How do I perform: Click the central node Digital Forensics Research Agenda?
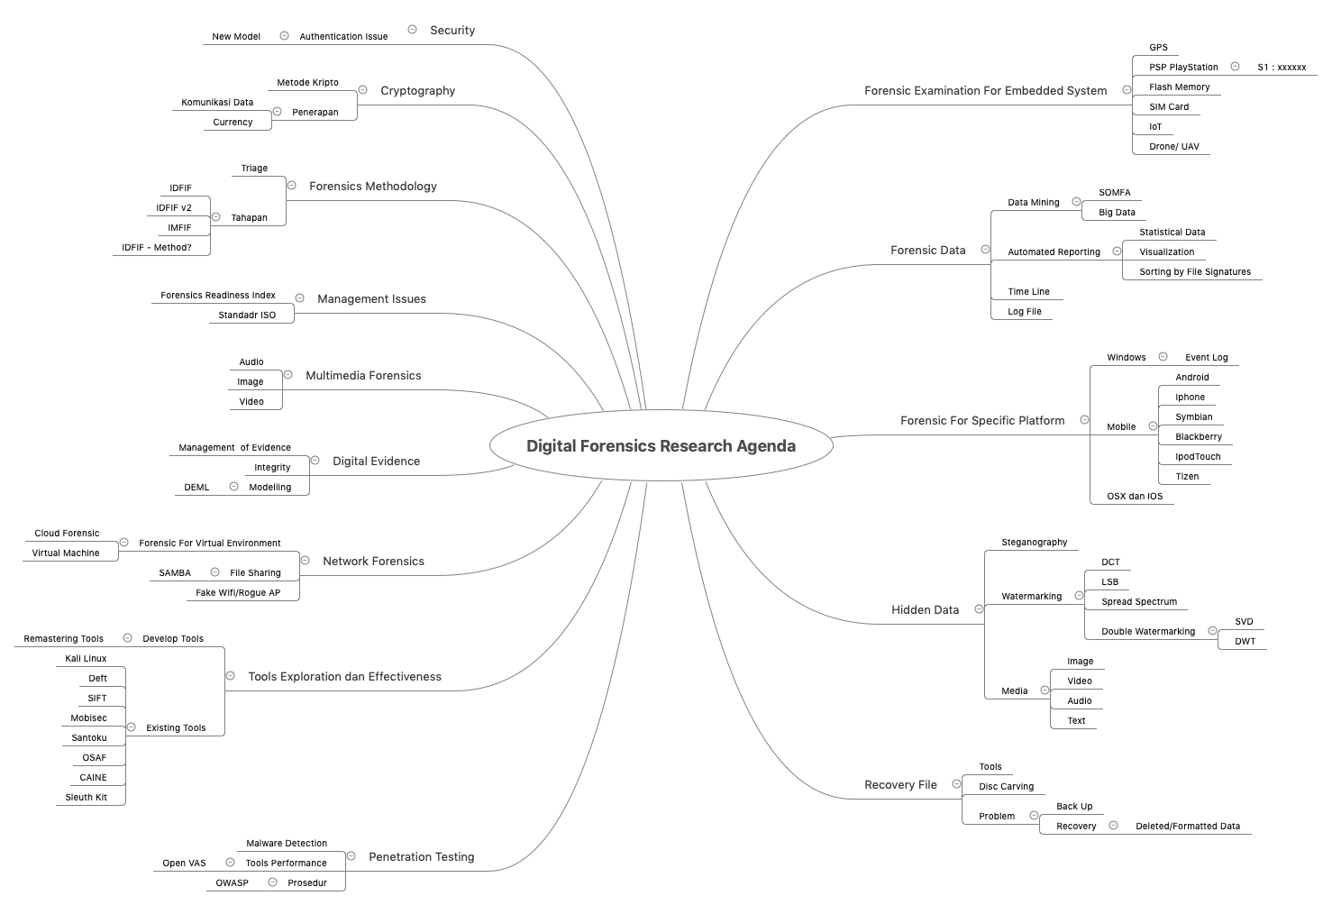point(661,446)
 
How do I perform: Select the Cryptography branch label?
point(417,91)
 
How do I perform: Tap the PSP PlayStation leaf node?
point(1183,68)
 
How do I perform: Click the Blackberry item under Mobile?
point(1198,437)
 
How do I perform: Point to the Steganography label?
point(1034,543)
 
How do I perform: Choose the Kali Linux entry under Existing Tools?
point(86,659)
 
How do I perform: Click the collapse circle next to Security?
point(412,30)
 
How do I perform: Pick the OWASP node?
point(232,883)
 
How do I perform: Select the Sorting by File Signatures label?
point(1194,272)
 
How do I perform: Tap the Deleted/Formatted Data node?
point(1187,827)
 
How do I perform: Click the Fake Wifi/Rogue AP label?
point(238,593)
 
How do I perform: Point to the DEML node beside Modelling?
point(196,488)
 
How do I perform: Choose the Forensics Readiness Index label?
point(218,296)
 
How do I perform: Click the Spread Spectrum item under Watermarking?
point(1138,602)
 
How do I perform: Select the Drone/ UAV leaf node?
point(1173,147)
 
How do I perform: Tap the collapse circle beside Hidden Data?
point(979,609)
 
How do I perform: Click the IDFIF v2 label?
point(174,208)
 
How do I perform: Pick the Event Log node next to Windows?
point(1206,358)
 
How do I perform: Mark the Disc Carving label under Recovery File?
point(1006,787)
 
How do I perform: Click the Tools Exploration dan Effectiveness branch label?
point(344,677)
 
